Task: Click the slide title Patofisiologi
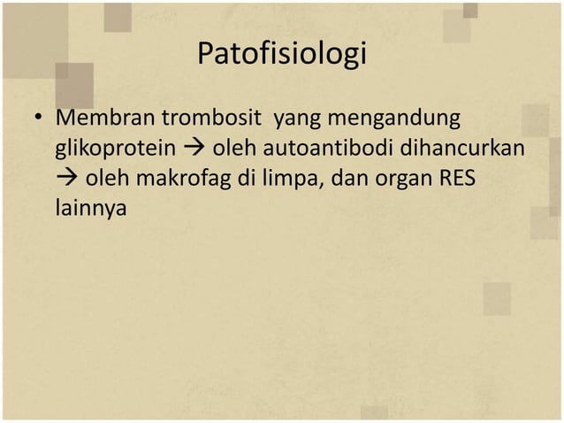[281, 55]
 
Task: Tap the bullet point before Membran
[39, 118]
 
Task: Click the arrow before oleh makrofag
[67, 179]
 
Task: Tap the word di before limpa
[241, 179]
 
